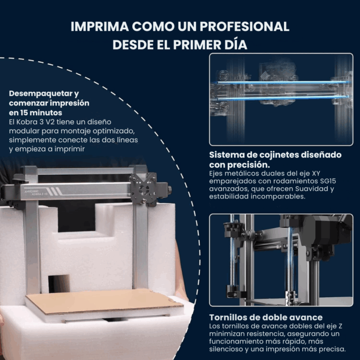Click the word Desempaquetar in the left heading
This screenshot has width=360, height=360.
tap(39, 94)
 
